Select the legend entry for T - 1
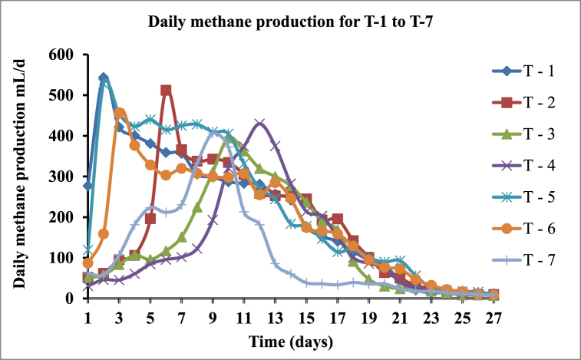[530, 72]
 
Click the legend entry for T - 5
[530, 198]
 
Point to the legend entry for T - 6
[530, 230]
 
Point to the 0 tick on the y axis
[72, 298]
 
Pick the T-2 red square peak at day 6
[166, 91]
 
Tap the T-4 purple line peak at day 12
[259, 123]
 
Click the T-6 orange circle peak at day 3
[119, 113]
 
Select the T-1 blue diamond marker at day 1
[88, 186]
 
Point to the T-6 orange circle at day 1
[88, 263]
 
